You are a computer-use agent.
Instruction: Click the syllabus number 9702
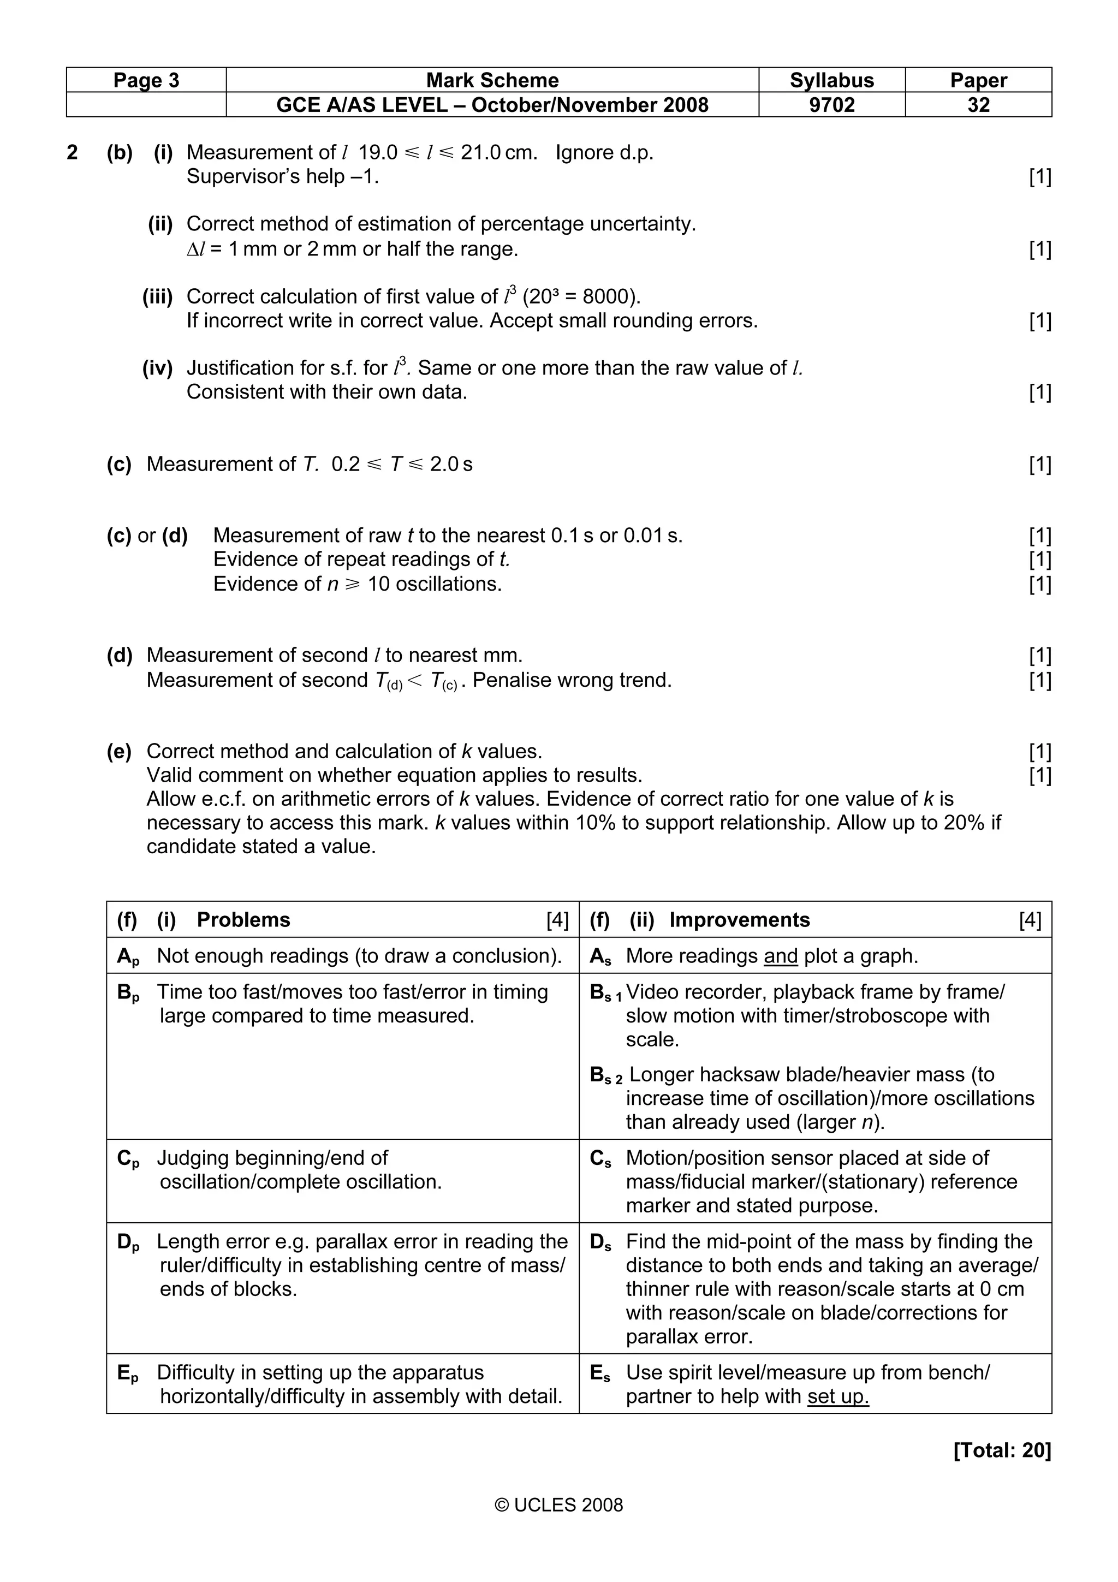(x=831, y=105)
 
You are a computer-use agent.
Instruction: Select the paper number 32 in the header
(x=978, y=105)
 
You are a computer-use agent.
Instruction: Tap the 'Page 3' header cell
(x=146, y=80)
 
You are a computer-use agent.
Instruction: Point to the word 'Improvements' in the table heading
(x=739, y=920)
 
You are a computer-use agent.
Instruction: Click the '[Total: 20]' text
(x=1002, y=1450)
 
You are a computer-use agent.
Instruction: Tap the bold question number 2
(x=72, y=152)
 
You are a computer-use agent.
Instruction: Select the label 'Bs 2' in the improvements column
(x=606, y=1075)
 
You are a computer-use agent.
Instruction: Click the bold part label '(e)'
(x=118, y=751)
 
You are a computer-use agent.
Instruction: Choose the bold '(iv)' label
(x=157, y=368)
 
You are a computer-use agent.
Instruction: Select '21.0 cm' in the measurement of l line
(x=499, y=152)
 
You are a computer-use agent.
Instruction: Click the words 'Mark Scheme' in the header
(x=492, y=80)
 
